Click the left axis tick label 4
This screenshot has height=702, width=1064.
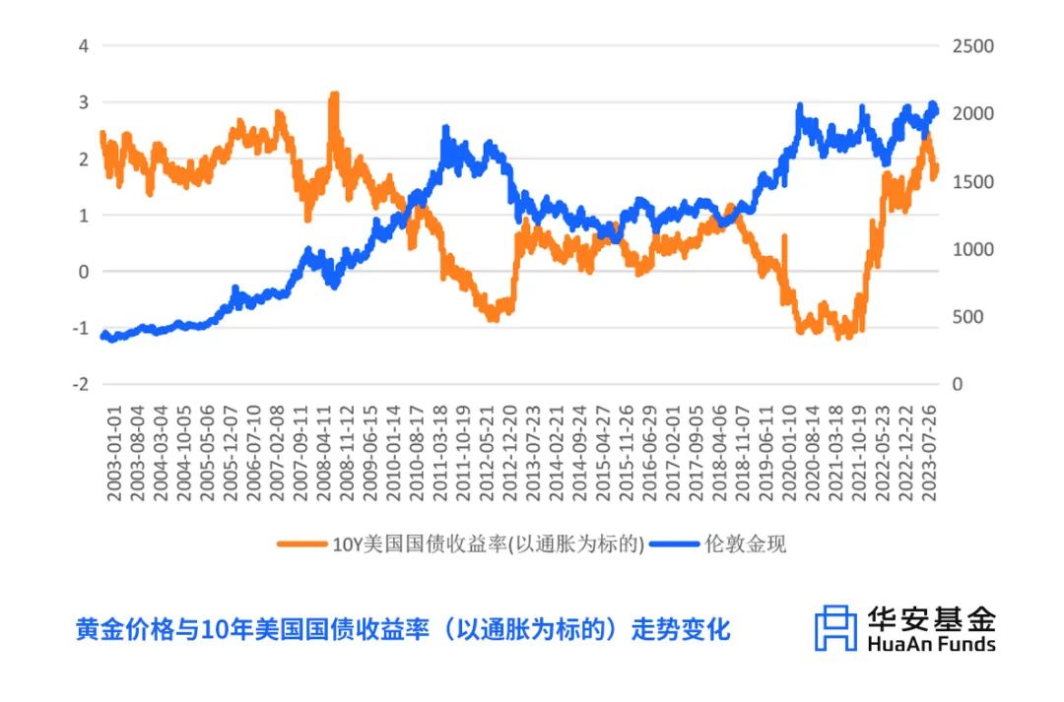click(84, 45)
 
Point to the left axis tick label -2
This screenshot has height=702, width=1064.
click(80, 384)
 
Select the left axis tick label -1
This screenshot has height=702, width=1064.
click(80, 328)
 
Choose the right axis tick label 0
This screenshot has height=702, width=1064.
click(957, 385)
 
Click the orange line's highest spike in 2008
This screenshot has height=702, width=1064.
click(334, 96)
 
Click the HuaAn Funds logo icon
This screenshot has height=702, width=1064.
click(835, 628)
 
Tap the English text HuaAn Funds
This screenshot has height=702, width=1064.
click(931, 644)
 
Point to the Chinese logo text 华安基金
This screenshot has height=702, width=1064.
click(931, 618)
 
